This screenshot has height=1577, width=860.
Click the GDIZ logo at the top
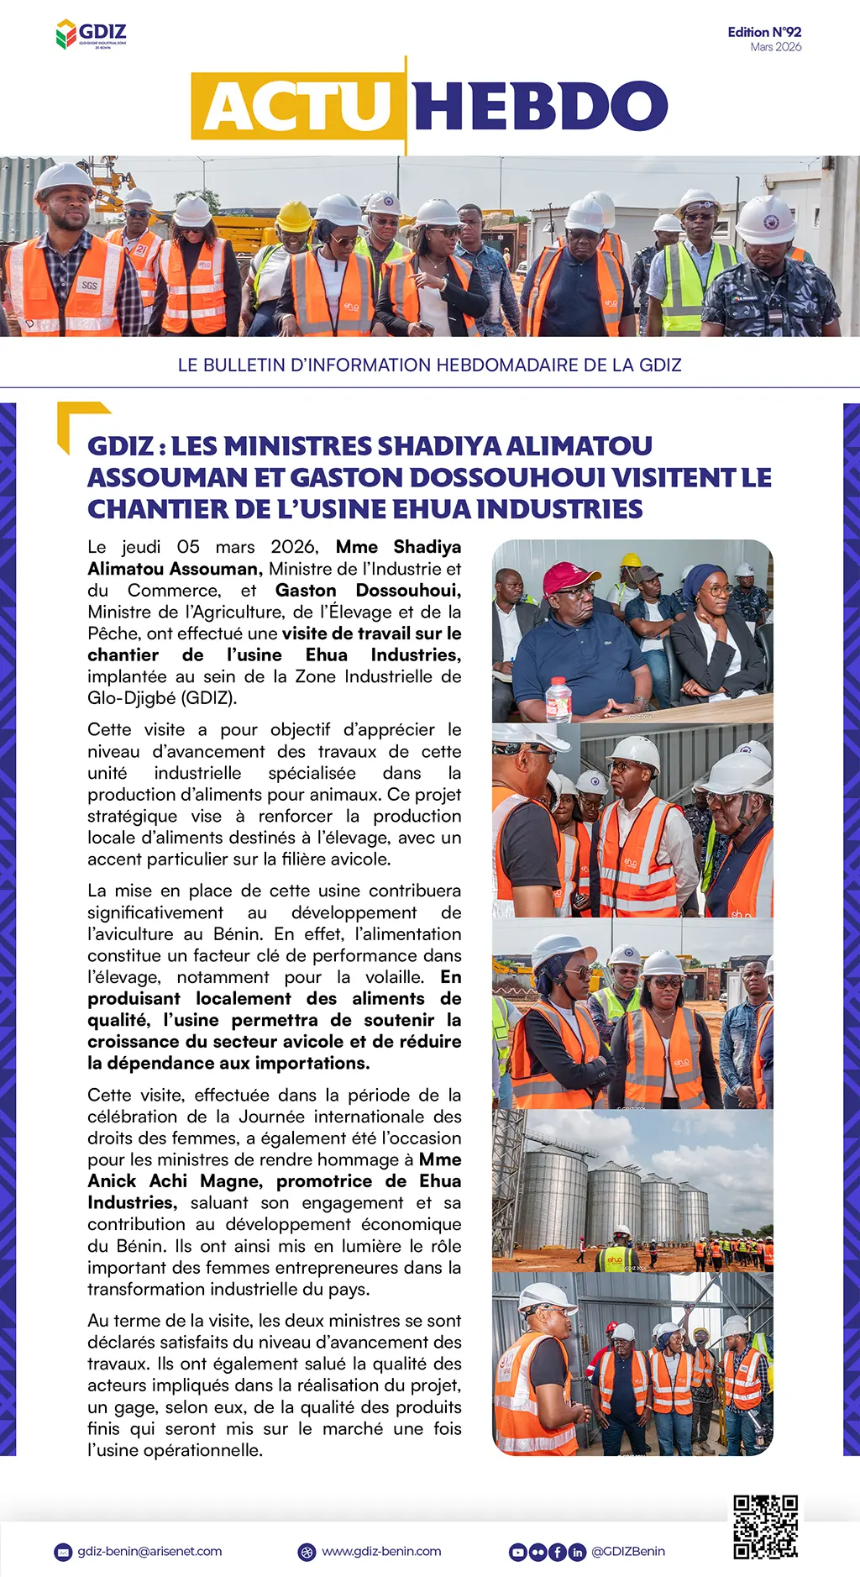[x=91, y=34]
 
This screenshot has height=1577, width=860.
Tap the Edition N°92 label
[x=763, y=32]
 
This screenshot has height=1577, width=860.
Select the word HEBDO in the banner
[x=540, y=107]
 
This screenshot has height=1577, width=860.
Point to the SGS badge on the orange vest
[x=89, y=286]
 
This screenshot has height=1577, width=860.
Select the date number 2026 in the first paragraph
[x=294, y=547]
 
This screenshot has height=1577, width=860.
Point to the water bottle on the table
[x=558, y=700]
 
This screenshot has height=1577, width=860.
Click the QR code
[x=764, y=1527]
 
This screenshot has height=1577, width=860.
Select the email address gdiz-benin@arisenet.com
[x=149, y=1551]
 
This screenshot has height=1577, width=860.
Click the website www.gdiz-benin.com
[x=381, y=1551]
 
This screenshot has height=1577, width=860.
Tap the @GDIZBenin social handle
[x=628, y=1551]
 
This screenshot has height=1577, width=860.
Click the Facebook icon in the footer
[x=557, y=1552]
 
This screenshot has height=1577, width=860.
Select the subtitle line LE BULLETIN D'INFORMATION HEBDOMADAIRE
[x=429, y=365]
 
